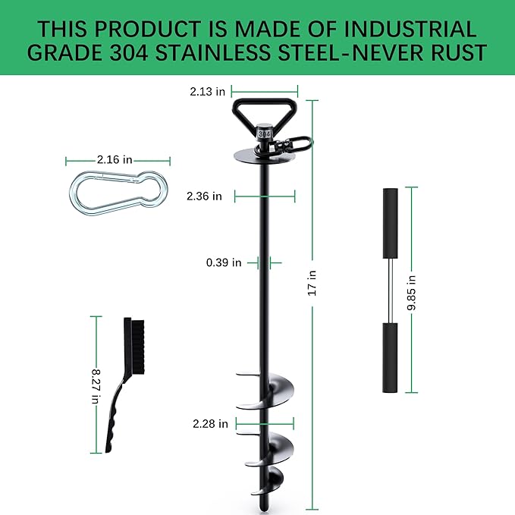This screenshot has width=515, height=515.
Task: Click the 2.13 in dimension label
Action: (x=207, y=92)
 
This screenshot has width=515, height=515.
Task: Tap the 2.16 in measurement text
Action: (x=115, y=159)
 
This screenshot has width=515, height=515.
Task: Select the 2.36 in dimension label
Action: (x=204, y=196)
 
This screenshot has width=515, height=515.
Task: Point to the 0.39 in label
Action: (x=224, y=262)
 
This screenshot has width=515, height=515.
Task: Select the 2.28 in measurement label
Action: (x=210, y=424)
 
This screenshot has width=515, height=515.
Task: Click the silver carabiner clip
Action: (x=119, y=193)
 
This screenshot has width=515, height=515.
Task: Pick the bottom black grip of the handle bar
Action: (x=389, y=357)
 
